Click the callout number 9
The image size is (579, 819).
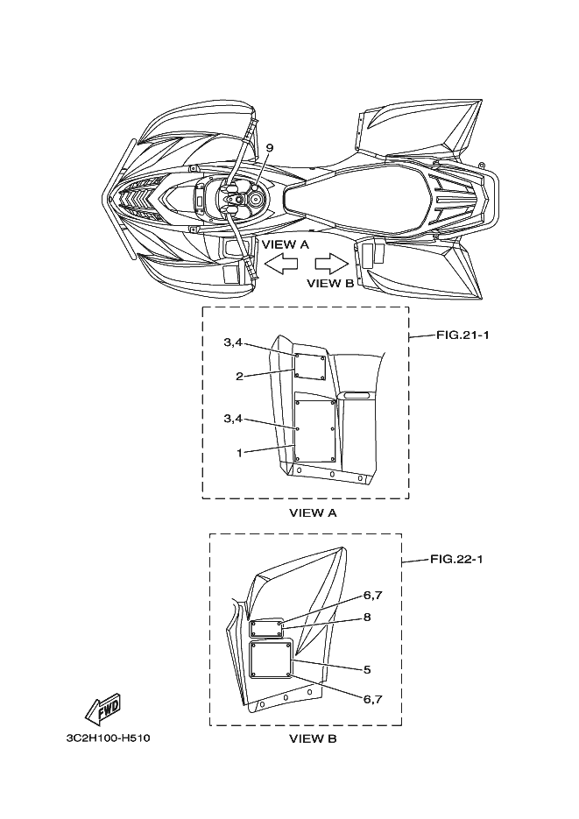click(244, 148)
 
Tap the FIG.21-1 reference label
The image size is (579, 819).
click(460, 336)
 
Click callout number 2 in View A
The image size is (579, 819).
click(238, 376)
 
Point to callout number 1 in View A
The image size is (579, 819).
click(238, 452)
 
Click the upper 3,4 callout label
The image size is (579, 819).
click(233, 342)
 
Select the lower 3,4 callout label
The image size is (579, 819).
click(233, 420)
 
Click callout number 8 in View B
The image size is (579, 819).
click(367, 617)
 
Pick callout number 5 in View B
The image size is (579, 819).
click(367, 669)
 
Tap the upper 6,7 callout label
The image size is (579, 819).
click(372, 596)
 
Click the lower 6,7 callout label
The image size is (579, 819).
click(372, 698)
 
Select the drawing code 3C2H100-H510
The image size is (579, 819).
click(108, 738)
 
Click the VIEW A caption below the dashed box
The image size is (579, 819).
click(313, 513)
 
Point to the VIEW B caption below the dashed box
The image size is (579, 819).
click(313, 739)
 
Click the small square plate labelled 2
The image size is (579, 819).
click(310, 367)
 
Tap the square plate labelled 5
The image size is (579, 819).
click(270, 660)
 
